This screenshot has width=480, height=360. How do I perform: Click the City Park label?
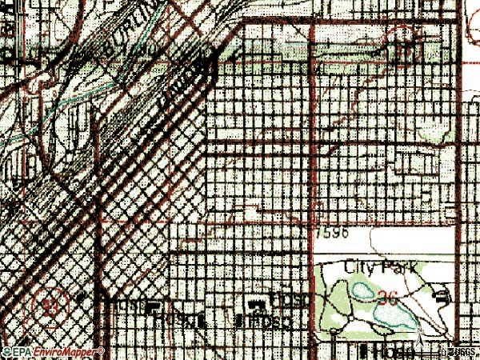pos(381,266)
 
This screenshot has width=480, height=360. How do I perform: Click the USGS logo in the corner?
pos(463,352)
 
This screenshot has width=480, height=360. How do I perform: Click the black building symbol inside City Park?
pos(442,298)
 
